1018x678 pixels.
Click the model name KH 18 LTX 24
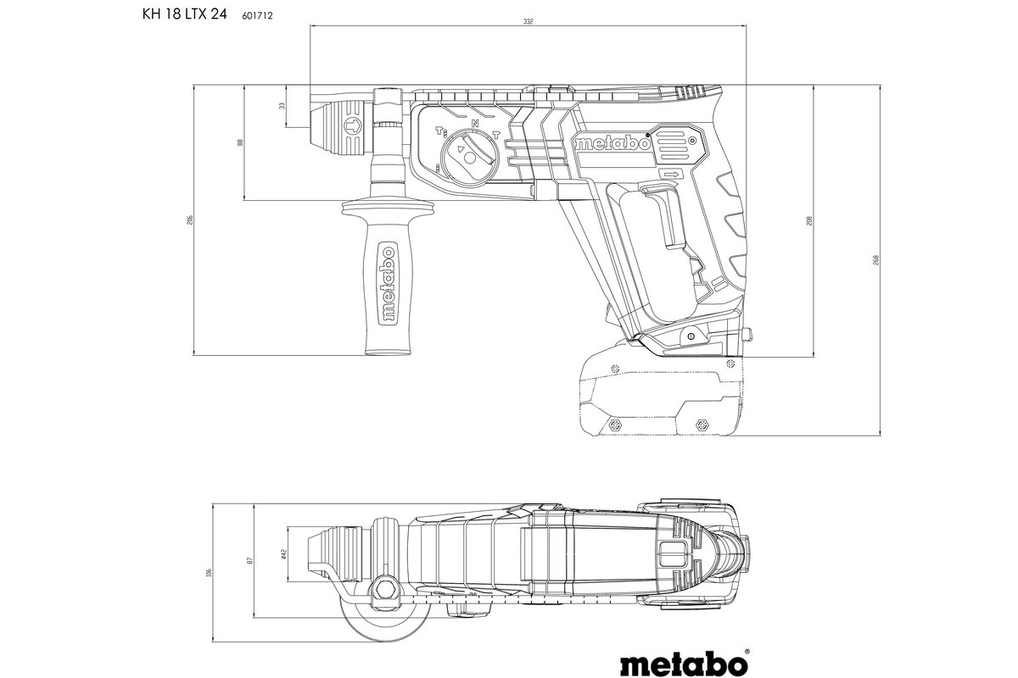coord(177,14)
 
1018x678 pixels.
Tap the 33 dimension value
coord(282,106)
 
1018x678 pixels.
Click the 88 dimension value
coord(240,142)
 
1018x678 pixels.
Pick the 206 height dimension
coord(191,220)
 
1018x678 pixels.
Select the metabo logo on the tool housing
coord(612,143)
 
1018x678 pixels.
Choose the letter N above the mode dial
coord(475,124)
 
